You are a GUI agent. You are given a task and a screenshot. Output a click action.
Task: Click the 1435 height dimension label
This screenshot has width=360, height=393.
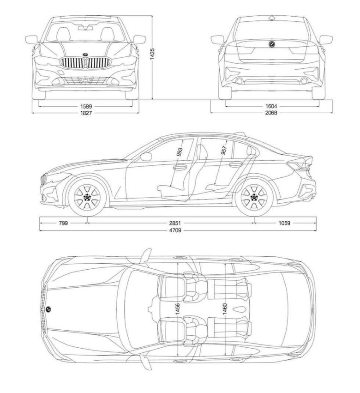click(152, 54)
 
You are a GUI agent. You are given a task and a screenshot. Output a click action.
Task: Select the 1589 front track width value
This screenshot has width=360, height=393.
click(86, 107)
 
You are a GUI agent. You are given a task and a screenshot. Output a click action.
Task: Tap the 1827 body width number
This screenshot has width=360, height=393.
click(86, 113)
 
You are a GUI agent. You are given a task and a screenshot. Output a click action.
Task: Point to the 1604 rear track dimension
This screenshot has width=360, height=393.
click(271, 107)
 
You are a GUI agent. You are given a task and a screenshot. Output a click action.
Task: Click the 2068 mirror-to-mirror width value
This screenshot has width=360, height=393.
click(271, 113)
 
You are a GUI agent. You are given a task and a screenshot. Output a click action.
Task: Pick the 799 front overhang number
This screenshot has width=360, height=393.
click(63, 223)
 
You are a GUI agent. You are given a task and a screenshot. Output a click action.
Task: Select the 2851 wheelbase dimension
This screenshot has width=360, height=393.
click(175, 223)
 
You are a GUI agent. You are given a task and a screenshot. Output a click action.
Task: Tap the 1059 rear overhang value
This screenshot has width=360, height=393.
click(284, 223)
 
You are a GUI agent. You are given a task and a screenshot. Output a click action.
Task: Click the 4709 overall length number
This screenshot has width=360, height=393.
click(175, 230)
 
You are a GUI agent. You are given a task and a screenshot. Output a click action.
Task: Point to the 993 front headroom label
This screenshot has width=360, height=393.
click(180, 152)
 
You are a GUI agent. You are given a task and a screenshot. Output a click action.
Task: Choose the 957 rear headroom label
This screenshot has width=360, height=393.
click(224, 150)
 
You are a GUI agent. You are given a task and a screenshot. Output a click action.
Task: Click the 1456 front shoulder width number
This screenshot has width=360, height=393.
click(177, 308)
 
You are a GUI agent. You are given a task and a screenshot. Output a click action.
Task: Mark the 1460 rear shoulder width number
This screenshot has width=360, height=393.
click(225, 308)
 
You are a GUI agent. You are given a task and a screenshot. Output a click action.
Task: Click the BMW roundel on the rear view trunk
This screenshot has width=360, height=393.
click(271, 44)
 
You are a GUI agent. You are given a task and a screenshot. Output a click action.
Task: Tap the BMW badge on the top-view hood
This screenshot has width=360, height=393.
click(48, 309)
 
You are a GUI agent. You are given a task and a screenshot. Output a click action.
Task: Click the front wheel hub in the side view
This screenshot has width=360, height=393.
click(87, 197)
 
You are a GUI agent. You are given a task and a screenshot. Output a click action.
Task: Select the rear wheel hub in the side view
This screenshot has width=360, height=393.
click(254, 197)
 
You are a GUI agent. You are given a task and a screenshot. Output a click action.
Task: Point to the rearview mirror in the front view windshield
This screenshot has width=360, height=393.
click(85, 27)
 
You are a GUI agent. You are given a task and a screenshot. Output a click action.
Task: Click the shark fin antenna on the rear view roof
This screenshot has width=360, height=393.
click(271, 18)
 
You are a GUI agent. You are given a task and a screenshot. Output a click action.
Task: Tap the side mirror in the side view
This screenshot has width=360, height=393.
click(146, 157)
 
